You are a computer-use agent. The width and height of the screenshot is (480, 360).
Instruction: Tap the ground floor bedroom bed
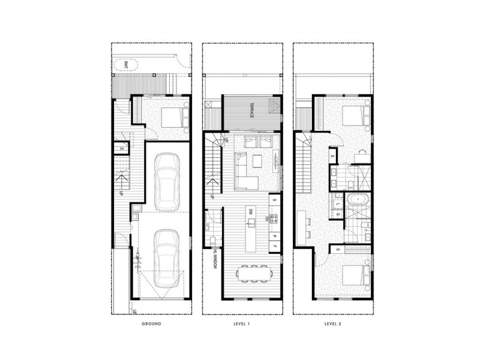click(171, 114)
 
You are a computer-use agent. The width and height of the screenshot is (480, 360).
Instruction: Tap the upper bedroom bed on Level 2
click(351, 113)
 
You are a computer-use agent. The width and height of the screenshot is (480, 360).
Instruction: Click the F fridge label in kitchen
click(274, 247)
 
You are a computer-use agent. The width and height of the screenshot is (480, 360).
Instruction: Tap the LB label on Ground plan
click(135, 311)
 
